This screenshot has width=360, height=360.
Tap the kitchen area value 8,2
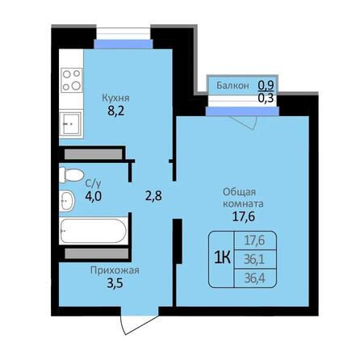pyautogui.click(x=117, y=114)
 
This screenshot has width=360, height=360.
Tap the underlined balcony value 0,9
pyautogui.click(x=265, y=84)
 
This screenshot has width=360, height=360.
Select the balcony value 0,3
pyautogui.click(x=265, y=98)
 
